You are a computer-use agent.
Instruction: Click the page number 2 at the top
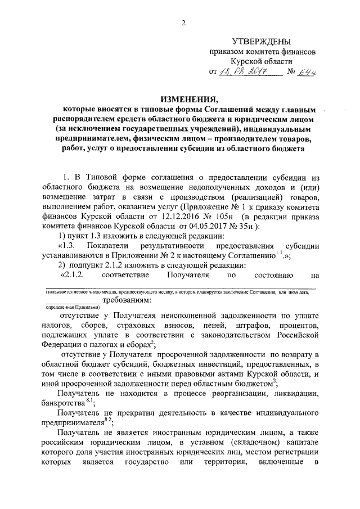pos(183,22)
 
